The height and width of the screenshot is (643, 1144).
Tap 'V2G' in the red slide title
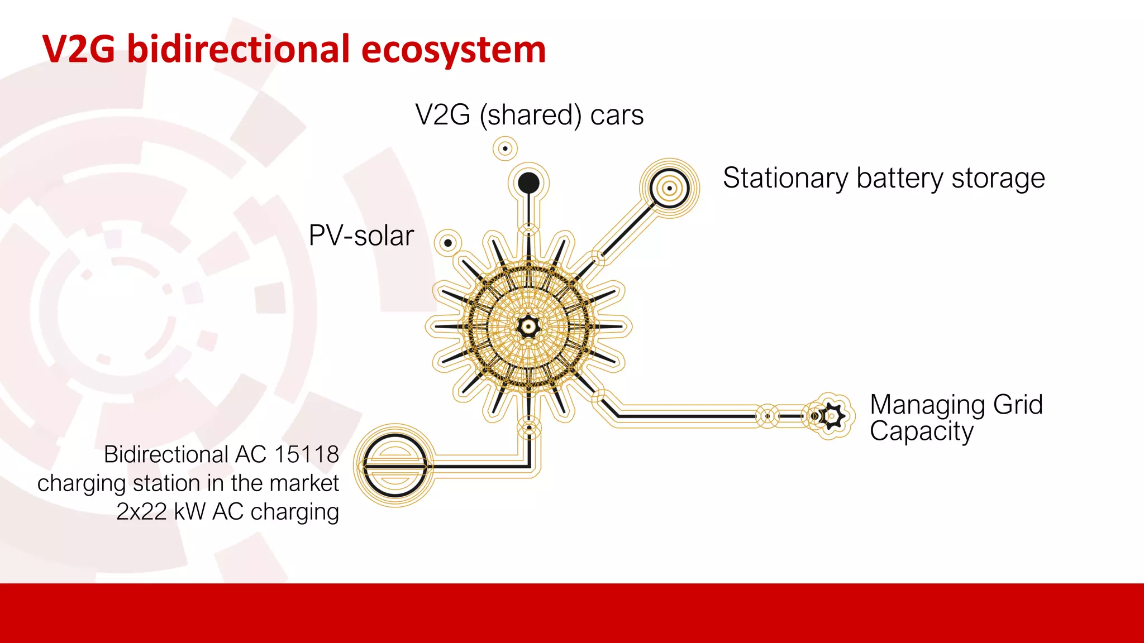78,50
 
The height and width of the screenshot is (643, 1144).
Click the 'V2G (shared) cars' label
529,116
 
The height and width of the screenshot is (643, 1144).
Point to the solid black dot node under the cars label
528,183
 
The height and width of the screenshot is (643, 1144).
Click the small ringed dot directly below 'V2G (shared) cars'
505,148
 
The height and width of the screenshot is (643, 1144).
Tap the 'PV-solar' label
361,236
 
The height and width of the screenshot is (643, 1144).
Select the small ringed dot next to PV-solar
448,243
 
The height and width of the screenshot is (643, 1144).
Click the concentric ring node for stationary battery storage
669,188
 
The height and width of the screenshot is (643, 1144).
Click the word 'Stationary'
785,179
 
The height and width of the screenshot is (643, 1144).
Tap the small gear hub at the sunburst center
528,327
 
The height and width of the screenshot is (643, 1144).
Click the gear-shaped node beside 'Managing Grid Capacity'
832,416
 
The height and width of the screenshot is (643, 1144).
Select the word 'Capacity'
921,431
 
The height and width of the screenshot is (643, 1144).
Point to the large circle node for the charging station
395,465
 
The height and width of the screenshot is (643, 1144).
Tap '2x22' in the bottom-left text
141,512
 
